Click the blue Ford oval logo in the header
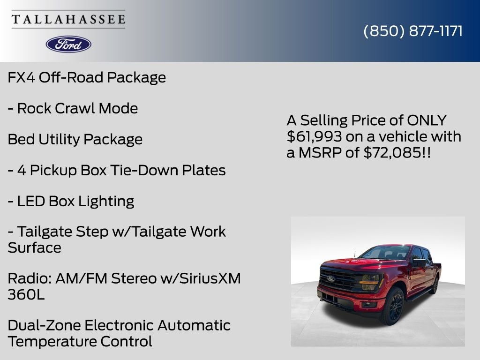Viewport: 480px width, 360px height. [68, 44]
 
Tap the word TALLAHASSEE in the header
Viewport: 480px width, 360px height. [68, 20]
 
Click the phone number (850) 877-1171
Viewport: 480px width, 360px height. [413, 31]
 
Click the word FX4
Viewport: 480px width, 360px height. [21, 77]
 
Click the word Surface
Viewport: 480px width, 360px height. [34, 247]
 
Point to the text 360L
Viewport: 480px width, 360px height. [26, 295]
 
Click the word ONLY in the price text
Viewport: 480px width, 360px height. [427, 120]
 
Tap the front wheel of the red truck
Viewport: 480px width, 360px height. [394, 306]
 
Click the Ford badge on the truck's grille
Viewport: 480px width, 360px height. [331, 278]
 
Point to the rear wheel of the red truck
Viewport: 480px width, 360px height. [435, 285]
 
